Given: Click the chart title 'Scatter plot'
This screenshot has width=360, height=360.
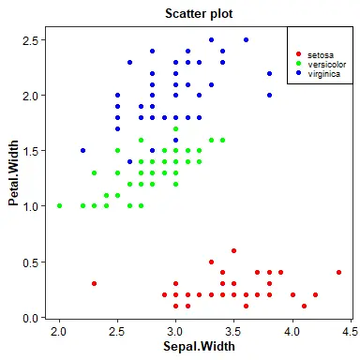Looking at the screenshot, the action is pyautogui.click(x=199, y=14).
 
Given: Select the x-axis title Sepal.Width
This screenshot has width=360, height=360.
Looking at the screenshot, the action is pyautogui.click(x=199, y=346).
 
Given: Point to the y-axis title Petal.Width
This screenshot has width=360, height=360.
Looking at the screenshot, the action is pyautogui.click(x=13, y=172).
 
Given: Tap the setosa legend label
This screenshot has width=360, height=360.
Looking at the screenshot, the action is pyautogui.click(x=321, y=55).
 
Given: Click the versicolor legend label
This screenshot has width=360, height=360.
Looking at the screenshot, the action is pyautogui.click(x=327, y=65).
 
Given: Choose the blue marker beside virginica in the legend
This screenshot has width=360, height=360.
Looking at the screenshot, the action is pyautogui.click(x=298, y=73).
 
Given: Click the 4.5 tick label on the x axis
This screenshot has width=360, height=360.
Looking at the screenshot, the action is pyautogui.click(x=350, y=331).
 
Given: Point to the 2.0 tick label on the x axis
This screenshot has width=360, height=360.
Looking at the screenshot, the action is pyautogui.click(x=58, y=331).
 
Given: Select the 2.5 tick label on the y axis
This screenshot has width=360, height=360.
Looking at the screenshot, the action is pyautogui.click(x=30, y=40).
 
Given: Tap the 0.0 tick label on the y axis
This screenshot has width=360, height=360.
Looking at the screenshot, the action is pyautogui.click(x=30, y=318).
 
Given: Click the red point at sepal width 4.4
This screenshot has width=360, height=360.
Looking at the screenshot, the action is pyautogui.click(x=339, y=272).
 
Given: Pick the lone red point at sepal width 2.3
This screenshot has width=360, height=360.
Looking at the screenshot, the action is pyautogui.click(x=95, y=283).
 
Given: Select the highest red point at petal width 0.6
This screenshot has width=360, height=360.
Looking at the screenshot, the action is pyautogui.click(x=233, y=250).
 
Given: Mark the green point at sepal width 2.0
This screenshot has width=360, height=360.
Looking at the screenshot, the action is pyautogui.click(x=59, y=205).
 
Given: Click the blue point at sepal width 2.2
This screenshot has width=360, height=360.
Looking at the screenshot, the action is pyautogui.click(x=82, y=150).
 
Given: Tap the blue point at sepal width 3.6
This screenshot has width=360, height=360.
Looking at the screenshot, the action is pyautogui.click(x=246, y=39).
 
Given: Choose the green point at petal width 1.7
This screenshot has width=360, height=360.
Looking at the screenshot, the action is pyautogui.click(x=175, y=128).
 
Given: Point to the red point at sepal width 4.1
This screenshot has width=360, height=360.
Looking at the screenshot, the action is pyautogui.click(x=304, y=306).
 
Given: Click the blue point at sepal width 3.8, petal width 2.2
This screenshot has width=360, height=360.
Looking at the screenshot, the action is pyautogui.click(x=269, y=73).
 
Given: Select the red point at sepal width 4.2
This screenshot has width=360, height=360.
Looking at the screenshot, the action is pyautogui.click(x=316, y=294).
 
